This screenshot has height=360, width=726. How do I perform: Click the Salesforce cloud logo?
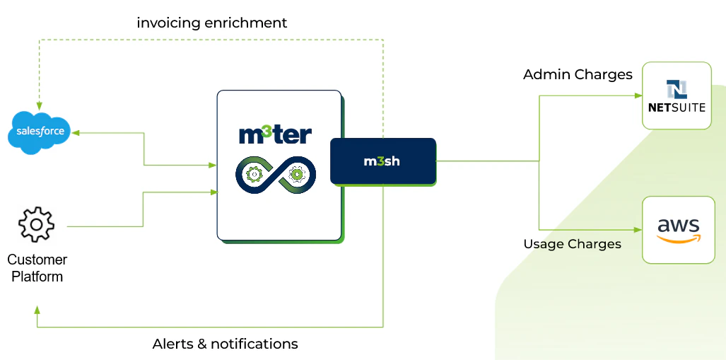[40, 132]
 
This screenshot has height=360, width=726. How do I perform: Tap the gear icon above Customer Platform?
[36, 225]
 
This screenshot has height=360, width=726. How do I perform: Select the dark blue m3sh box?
[382, 161]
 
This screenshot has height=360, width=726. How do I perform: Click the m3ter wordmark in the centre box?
[275, 134]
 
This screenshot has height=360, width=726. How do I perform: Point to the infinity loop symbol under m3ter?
[275, 174]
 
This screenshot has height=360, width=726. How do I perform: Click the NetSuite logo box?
[677, 95]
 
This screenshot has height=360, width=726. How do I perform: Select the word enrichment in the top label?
[245, 23]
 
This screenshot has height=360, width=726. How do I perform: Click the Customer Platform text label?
[37, 268]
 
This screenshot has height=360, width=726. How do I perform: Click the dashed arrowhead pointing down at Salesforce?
[39, 107]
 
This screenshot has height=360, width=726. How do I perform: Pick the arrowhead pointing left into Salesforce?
[75, 132]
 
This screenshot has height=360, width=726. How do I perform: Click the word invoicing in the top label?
[168, 23]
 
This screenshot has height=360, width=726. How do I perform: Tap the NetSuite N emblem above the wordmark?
[677, 89]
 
